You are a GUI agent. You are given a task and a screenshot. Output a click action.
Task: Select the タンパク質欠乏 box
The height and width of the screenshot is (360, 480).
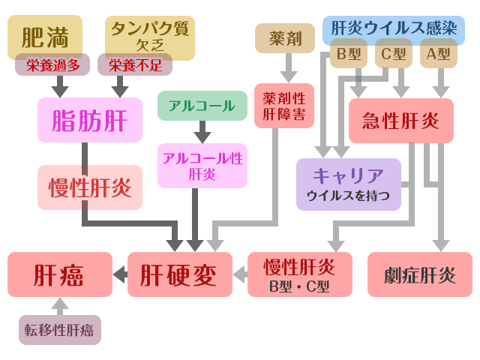point(150,36)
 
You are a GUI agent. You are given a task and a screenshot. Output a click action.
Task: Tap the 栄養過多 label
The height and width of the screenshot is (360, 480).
point(52,64)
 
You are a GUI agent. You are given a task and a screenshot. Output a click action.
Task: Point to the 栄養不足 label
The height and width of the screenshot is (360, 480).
point(135,64)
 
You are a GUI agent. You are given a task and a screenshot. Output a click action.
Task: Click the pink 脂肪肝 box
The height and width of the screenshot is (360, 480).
point(90,120)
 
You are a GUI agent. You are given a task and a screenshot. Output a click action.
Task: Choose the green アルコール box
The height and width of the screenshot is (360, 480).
point(202,106)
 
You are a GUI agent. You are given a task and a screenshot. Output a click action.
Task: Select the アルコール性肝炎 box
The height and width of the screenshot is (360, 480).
point(202,166)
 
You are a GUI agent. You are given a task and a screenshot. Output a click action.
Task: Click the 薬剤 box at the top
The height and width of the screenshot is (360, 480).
point(285,37)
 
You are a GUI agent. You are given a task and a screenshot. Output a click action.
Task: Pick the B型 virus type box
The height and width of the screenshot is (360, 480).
point(349,54)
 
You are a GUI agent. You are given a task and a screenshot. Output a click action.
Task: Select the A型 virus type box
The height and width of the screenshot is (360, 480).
point(439,54)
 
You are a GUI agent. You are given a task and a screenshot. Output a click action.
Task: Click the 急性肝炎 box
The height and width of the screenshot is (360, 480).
point(401,121)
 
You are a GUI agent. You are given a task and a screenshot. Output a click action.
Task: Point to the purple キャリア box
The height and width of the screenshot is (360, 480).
point(348,184)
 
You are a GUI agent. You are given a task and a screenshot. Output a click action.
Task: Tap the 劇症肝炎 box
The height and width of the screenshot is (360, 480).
point(420,274)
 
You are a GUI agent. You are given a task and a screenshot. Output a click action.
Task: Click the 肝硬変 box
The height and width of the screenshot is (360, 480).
point(180,274)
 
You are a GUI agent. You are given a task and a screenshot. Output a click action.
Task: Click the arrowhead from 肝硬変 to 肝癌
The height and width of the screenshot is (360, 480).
point(119,274)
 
